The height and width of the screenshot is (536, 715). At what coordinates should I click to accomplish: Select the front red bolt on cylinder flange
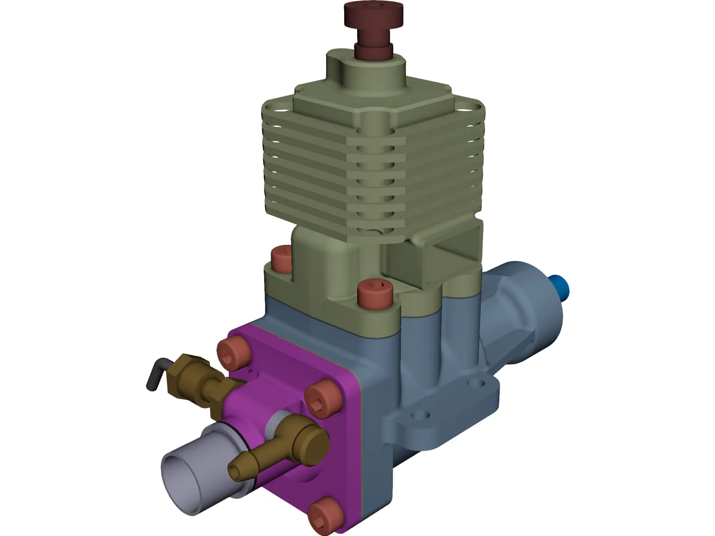pos(374,293)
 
